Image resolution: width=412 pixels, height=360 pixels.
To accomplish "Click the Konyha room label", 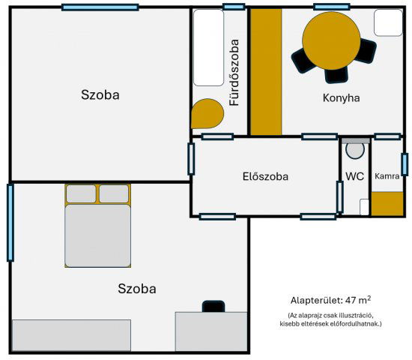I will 341,97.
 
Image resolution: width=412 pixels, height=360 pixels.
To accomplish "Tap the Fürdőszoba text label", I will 234,72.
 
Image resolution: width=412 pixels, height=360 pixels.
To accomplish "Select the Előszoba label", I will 265,177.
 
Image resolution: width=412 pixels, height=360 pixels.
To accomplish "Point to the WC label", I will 354,177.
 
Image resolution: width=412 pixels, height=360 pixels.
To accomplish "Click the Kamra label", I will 387,177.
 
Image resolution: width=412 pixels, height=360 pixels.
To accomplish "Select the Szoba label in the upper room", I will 100,95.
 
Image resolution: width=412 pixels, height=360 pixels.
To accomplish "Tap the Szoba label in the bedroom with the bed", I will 137,289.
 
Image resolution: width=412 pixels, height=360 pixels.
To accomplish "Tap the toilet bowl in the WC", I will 355,150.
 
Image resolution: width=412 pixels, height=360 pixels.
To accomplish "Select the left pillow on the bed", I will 81,193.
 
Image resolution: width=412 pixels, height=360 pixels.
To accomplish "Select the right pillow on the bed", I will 114,193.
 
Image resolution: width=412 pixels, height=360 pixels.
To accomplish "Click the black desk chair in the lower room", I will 213,306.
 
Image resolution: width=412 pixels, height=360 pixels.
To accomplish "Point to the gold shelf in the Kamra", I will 387,203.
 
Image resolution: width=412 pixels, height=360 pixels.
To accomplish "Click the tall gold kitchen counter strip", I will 265,72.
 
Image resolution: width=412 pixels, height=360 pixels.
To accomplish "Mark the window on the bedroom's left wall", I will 10,222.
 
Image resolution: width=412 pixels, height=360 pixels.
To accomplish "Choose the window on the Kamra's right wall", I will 404,164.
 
